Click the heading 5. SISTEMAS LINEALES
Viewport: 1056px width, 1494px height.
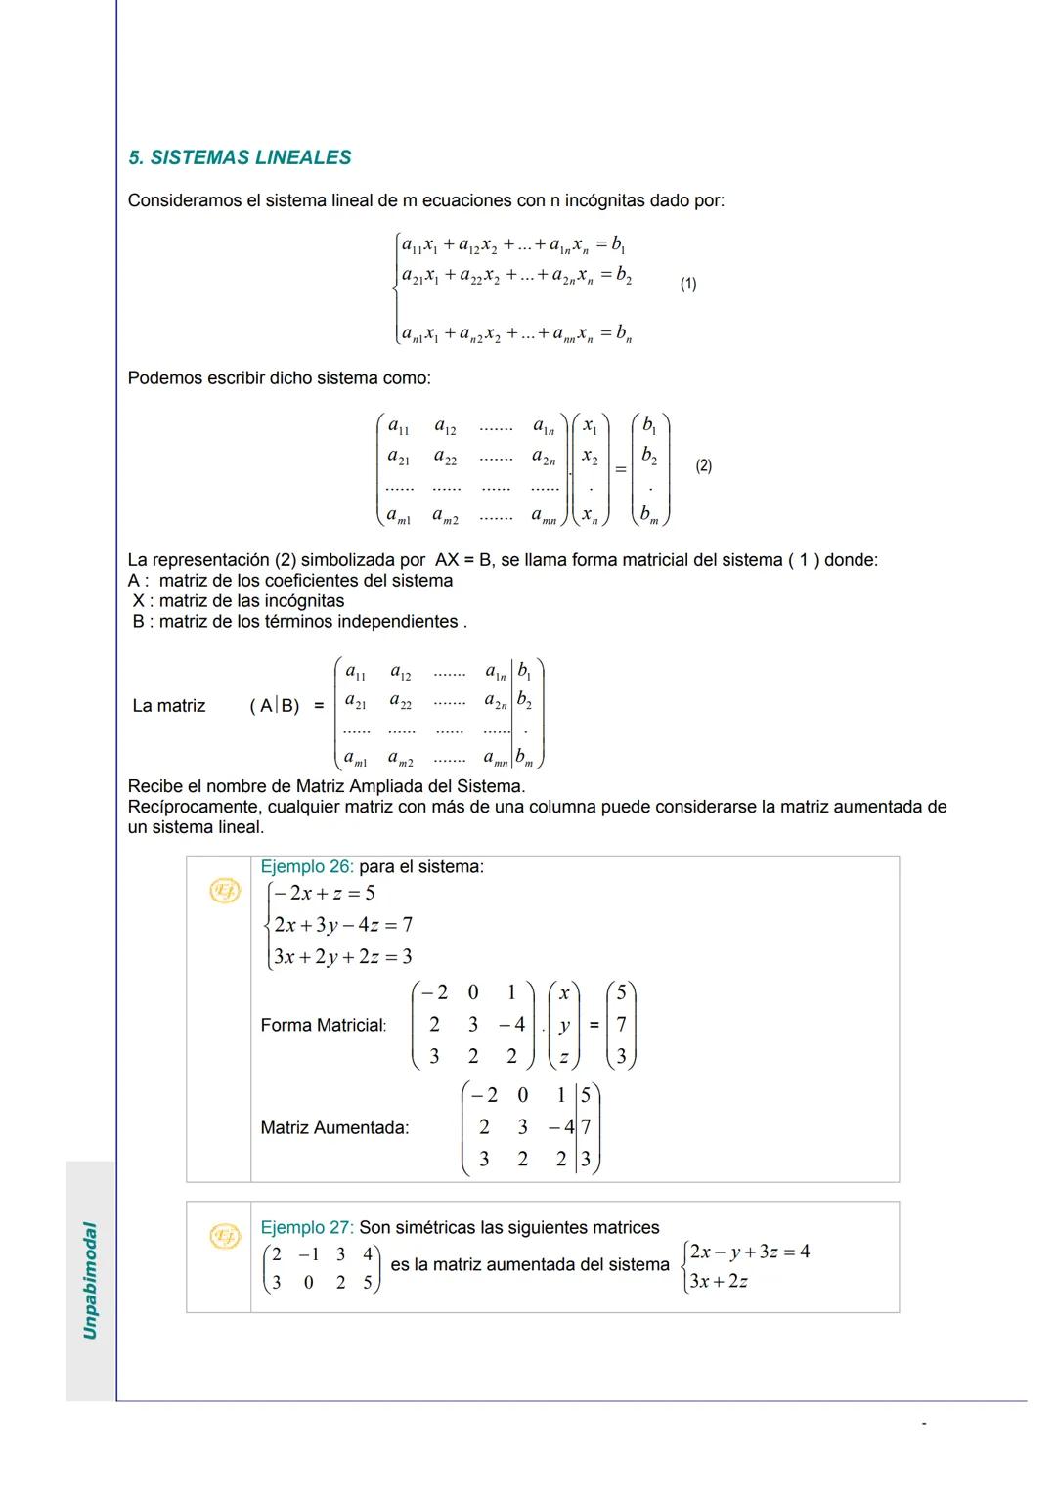click(x=240, y=157)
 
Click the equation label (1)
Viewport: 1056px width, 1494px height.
click(x=688, y=284)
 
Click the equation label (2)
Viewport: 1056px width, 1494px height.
click(x=703, y=466)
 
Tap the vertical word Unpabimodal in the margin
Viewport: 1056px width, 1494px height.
click(x=90, y=1280)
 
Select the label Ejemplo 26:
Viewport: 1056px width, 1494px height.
click(x=306, y=866)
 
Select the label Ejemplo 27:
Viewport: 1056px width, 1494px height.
click(x=306, y=1227)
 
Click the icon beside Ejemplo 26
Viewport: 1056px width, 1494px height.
click(x=225, y=891)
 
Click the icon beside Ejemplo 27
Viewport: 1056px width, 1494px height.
click(x=225, y=1238)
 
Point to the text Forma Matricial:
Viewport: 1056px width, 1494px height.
click(x=323, y=1025)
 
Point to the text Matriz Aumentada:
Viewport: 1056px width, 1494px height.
click(x=334, y=1127)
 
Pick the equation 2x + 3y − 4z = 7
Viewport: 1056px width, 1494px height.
click(x=343, y=924)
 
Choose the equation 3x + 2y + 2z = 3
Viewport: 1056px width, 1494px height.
click(x=343, y=956)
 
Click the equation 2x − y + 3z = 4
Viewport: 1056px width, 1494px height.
click(x=750, y=1252)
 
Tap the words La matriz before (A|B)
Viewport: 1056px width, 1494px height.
click(x=168, y=706)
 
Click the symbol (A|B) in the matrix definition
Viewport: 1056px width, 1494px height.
click(x=275, y=706)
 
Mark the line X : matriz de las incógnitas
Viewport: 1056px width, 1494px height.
click(x=240, y=600)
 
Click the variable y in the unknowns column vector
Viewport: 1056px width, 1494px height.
click(x=564, y=1026)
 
